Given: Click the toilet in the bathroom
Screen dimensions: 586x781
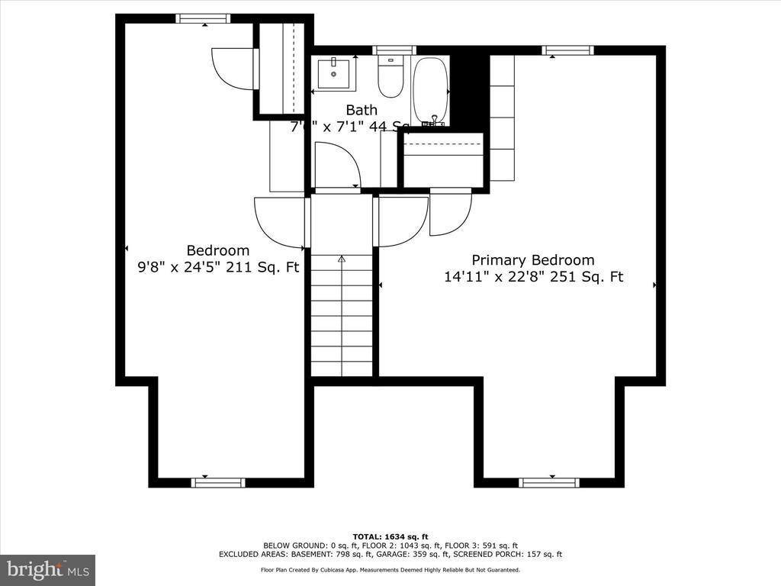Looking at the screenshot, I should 391,79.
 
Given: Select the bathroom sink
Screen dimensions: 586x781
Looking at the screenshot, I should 333,73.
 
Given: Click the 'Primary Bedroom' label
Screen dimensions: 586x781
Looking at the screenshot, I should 532,260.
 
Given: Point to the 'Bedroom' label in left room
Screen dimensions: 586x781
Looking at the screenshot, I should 218,250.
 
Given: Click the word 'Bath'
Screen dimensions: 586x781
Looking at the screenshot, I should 362,110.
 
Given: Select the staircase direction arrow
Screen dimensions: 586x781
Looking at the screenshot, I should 342,261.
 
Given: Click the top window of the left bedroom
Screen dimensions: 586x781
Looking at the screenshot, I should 203,19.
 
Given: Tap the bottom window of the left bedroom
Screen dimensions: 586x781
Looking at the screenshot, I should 218,482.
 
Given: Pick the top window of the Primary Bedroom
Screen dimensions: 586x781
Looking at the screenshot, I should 568,50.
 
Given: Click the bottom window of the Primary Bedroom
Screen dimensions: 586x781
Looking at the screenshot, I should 548,482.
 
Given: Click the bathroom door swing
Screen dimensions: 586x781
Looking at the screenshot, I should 337,165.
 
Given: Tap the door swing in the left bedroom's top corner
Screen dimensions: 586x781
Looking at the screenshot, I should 232,68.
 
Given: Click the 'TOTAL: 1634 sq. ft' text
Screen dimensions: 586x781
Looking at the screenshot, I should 390,536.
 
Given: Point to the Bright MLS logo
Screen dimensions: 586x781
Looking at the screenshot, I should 47,569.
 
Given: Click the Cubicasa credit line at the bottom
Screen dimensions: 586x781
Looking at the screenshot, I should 390,570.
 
